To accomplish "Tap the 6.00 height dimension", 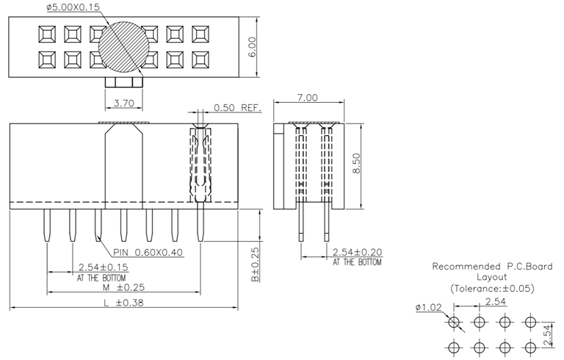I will [252, 48].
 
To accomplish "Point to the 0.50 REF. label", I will [237, 107].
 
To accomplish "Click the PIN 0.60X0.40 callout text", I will [148, 252].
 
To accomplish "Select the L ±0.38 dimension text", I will [123, 302].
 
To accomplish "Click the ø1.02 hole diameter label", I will [427, 308].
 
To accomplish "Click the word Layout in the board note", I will [491, 278].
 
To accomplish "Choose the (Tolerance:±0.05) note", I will [491, 289].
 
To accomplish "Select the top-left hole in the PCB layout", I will [455, 322].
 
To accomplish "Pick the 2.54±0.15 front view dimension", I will [103, 268].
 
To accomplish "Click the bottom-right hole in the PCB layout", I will [530, 347].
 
